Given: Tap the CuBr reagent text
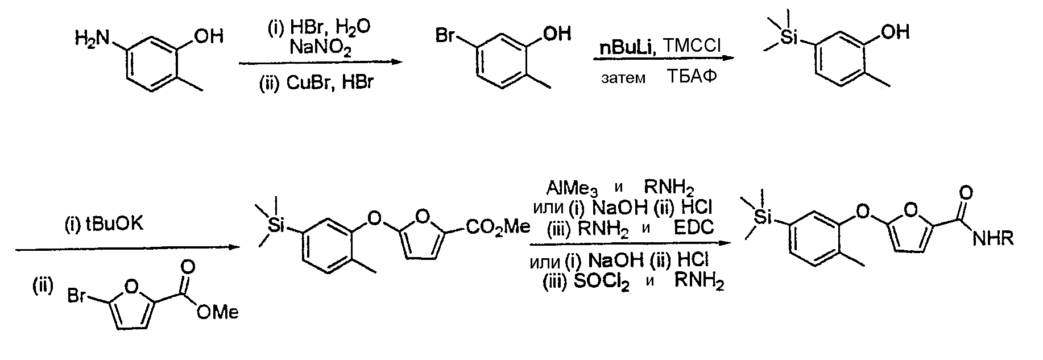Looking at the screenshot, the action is point(307,83).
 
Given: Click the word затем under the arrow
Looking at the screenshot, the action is point(623,78).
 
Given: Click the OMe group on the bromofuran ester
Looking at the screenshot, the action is point(218,312).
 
